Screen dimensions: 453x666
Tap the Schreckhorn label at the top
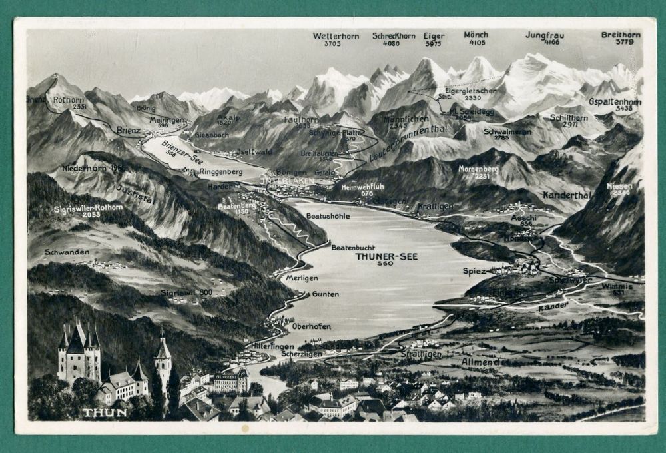(394, 35)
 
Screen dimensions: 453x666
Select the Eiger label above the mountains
(434, 35)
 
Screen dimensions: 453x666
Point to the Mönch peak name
(476, 34)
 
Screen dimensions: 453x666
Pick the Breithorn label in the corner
(621, 34)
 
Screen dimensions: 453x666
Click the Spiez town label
(474, 271)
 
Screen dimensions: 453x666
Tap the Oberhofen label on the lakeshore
(311, 326)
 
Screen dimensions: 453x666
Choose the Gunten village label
(325, 294)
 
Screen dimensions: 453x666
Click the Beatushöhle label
(328, 216)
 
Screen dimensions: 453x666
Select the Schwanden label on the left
(67, 252)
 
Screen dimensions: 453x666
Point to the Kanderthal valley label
(567, 195)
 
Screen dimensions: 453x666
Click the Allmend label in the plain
(480, 362)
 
